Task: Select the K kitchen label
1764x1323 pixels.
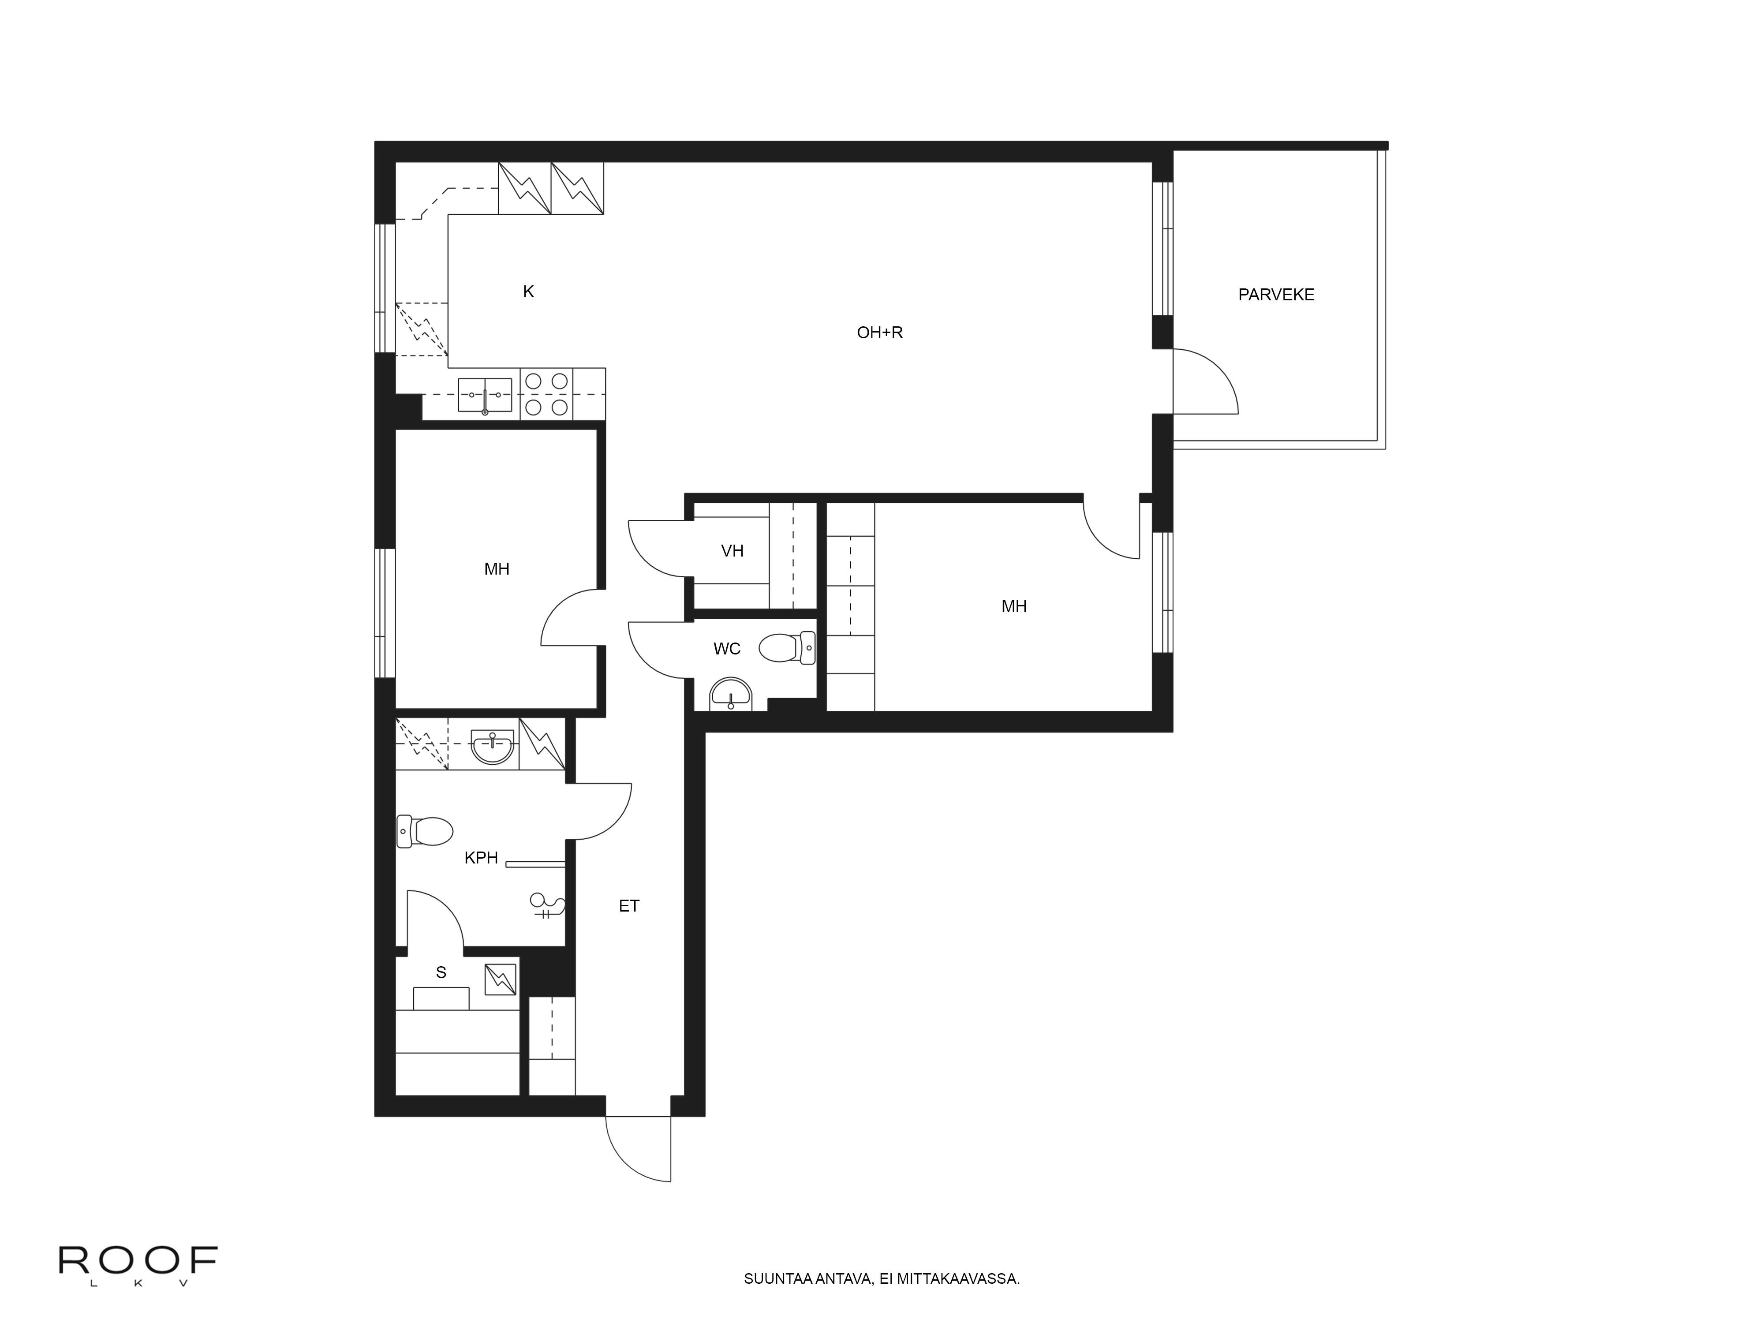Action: pyautogui.click(x=528, y=292)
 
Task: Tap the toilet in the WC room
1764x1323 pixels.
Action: pyautogui.click(x=787, y=647)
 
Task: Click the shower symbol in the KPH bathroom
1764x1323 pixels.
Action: pyautogui.click(x=549, y=905)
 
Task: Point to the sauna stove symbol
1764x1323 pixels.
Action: pyautogui.click(x=500, y=979)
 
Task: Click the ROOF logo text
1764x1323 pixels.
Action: pyautogui.click(x=138, y=1260)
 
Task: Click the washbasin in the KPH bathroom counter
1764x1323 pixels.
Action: pyautogui.click(x=492, y=747)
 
